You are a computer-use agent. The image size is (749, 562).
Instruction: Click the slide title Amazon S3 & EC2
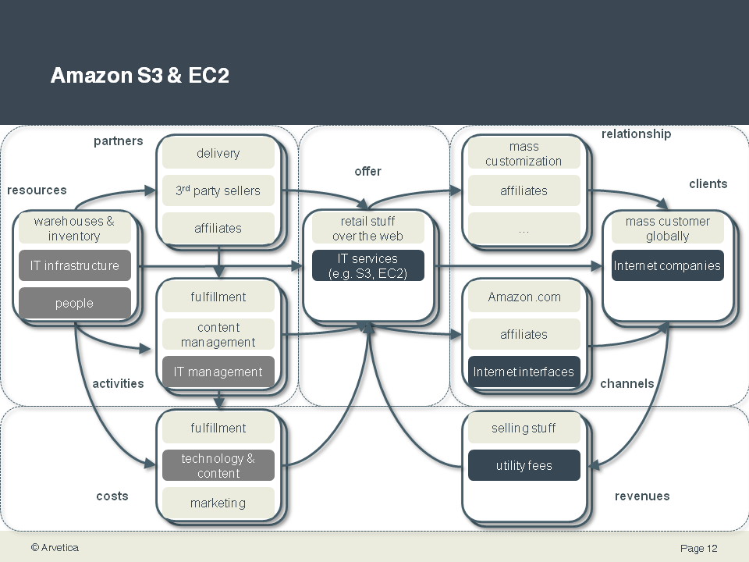[140, 76]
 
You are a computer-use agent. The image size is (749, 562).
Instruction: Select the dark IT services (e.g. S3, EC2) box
[367, 265]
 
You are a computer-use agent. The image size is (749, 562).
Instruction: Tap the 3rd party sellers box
[218, 190]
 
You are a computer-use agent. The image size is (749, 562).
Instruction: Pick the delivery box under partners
[218, 154]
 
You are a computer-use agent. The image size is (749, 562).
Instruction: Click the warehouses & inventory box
[74, 229]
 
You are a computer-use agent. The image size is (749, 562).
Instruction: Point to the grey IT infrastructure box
[74, 265]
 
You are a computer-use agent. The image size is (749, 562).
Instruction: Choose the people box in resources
[74, 303]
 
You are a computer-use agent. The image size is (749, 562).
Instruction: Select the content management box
[218, 334]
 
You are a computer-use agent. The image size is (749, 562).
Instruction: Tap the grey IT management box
[218, 372]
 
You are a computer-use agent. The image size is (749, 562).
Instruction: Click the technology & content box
[218, 465]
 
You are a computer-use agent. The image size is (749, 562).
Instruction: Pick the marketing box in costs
[218, 503]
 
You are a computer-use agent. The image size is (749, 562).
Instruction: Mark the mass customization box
[524, 154]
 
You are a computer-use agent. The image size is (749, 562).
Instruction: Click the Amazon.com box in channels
[524, 297]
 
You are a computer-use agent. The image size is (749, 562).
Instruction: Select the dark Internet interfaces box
[524, 372]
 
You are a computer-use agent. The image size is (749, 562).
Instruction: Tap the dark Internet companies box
[667, 265]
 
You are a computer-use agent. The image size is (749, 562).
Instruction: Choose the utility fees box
[524, 465]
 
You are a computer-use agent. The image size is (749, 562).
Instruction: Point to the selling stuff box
[524, 428]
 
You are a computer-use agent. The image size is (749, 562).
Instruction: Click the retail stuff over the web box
[367, 229]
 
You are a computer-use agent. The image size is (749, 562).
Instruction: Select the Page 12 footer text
[698, 548]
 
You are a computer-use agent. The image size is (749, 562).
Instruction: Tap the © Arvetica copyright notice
[55, 547]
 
